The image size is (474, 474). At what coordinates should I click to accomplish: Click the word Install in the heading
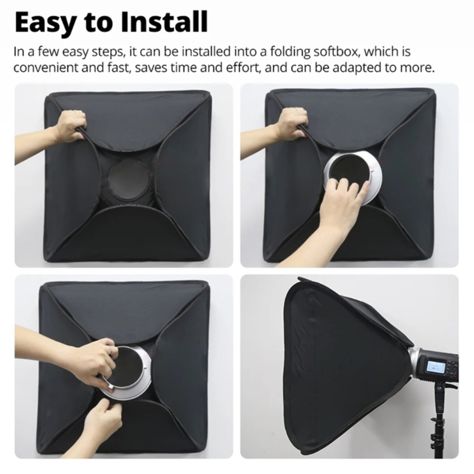[x=164, y=22]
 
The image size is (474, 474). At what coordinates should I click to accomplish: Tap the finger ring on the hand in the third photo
[x=112, y=350]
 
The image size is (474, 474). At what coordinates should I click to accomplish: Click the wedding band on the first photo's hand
[x=75, y=112]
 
